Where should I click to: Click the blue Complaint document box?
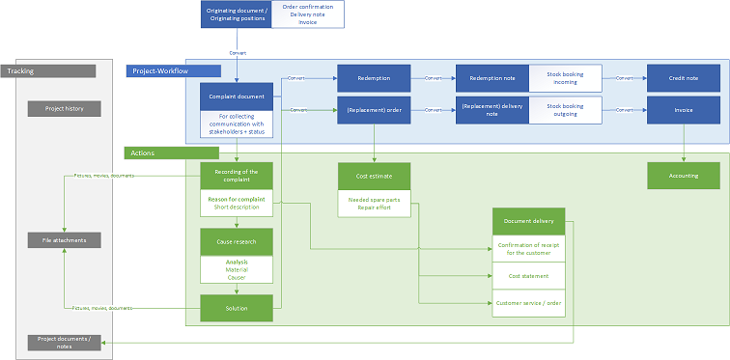coord(237,97)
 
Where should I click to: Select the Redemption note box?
coord(491,78)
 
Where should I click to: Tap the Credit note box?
coord(684,78)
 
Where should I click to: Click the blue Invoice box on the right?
coord(684,110)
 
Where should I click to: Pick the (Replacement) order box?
coord(374,110)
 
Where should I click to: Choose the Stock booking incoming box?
coord(566,78)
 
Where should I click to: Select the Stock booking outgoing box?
coord(566,110)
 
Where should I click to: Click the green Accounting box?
coord(684,176)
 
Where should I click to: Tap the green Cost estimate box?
coord(374,176)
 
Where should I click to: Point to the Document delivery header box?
coord(528,221)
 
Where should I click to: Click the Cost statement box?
coord(528,276)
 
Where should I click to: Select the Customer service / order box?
coord(528,303)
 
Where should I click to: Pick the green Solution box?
coord(237,308)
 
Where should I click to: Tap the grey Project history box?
coord(64,109)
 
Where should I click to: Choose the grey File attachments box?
coord(64,239)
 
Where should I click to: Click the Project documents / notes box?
coord(64,342)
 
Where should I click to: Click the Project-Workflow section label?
coord(174,70)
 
